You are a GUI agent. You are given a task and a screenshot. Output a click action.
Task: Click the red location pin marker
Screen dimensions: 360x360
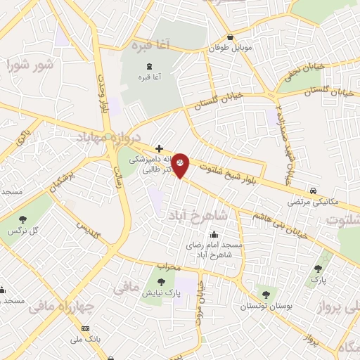coord(181,165)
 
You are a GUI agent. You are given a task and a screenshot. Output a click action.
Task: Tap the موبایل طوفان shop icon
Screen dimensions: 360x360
coord(230,38)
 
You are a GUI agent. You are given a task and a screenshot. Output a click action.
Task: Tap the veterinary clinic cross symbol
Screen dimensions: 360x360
coord(160,148)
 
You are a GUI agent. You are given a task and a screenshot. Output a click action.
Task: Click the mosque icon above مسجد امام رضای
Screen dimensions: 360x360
coord(214,235)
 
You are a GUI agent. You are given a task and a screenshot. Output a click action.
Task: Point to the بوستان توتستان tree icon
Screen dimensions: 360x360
coord(264,295)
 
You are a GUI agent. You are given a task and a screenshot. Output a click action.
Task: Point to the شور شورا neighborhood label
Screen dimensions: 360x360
coord(30,66)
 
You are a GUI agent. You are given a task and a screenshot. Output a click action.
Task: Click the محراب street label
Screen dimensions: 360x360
coord(169,267)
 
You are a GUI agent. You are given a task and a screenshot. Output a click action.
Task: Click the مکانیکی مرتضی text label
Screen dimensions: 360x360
coord(311,202)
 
